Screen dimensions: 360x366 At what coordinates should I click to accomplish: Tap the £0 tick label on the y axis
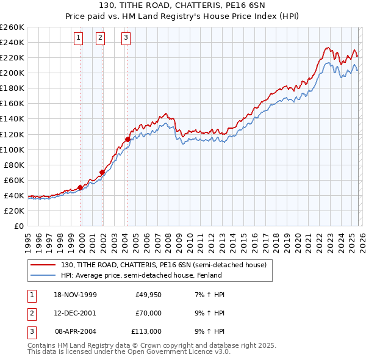click(x=19, y=226)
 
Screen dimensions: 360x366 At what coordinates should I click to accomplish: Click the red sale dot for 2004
click(x=127, y=139)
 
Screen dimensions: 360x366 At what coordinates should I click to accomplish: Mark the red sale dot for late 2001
click(x=102, y=172)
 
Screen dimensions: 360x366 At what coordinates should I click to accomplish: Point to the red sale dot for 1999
click(x=80, y=187)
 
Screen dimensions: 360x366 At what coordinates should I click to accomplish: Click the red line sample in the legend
click(x=43, y=265)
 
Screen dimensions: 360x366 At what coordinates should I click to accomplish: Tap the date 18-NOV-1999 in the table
click(x=75, y=295)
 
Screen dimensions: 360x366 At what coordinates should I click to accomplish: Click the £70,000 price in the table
click(x=148, y=313)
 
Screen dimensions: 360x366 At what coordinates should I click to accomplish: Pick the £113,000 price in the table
click(x=146, y=331)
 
